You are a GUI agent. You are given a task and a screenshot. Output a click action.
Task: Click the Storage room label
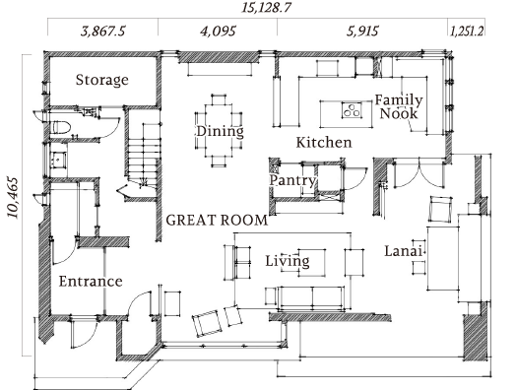[x=102, y=81]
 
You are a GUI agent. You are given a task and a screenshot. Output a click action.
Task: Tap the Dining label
[x=221, y=131]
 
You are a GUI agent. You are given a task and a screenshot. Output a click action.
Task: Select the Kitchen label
[x=324, y=143]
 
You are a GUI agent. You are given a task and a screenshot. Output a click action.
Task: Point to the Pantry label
[x=292, y=180]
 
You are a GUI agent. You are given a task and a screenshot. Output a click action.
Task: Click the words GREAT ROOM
[x=217, y=221]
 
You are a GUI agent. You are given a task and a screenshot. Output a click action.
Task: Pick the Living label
[x=288, y=261]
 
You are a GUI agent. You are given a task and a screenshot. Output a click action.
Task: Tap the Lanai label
[x=403, y=251]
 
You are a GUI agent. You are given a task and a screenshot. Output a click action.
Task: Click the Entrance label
[x=91, y=282]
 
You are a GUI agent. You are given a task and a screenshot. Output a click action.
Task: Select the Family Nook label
[x=399, y=106]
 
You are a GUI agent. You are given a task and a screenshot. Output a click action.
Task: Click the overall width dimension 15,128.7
[x=266, y=7]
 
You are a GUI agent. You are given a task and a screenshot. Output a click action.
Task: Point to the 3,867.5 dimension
[x=103, y=32]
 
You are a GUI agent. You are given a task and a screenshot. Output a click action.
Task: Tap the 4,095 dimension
[x=218, y=32]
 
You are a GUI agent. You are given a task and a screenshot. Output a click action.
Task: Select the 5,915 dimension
[x=362, y=32]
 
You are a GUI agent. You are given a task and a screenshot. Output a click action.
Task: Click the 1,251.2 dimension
[x=467, y=32]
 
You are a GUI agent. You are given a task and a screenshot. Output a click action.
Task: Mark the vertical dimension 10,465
[x=13, y=198]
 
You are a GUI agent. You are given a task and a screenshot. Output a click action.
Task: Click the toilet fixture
[x=61, y=127]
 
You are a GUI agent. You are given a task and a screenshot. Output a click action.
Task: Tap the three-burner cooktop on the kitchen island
[x=352, y=110]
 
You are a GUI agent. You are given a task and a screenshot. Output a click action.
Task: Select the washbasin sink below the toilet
[x=58, y=161]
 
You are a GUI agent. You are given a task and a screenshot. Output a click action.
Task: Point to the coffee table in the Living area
[x=312, y=262]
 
